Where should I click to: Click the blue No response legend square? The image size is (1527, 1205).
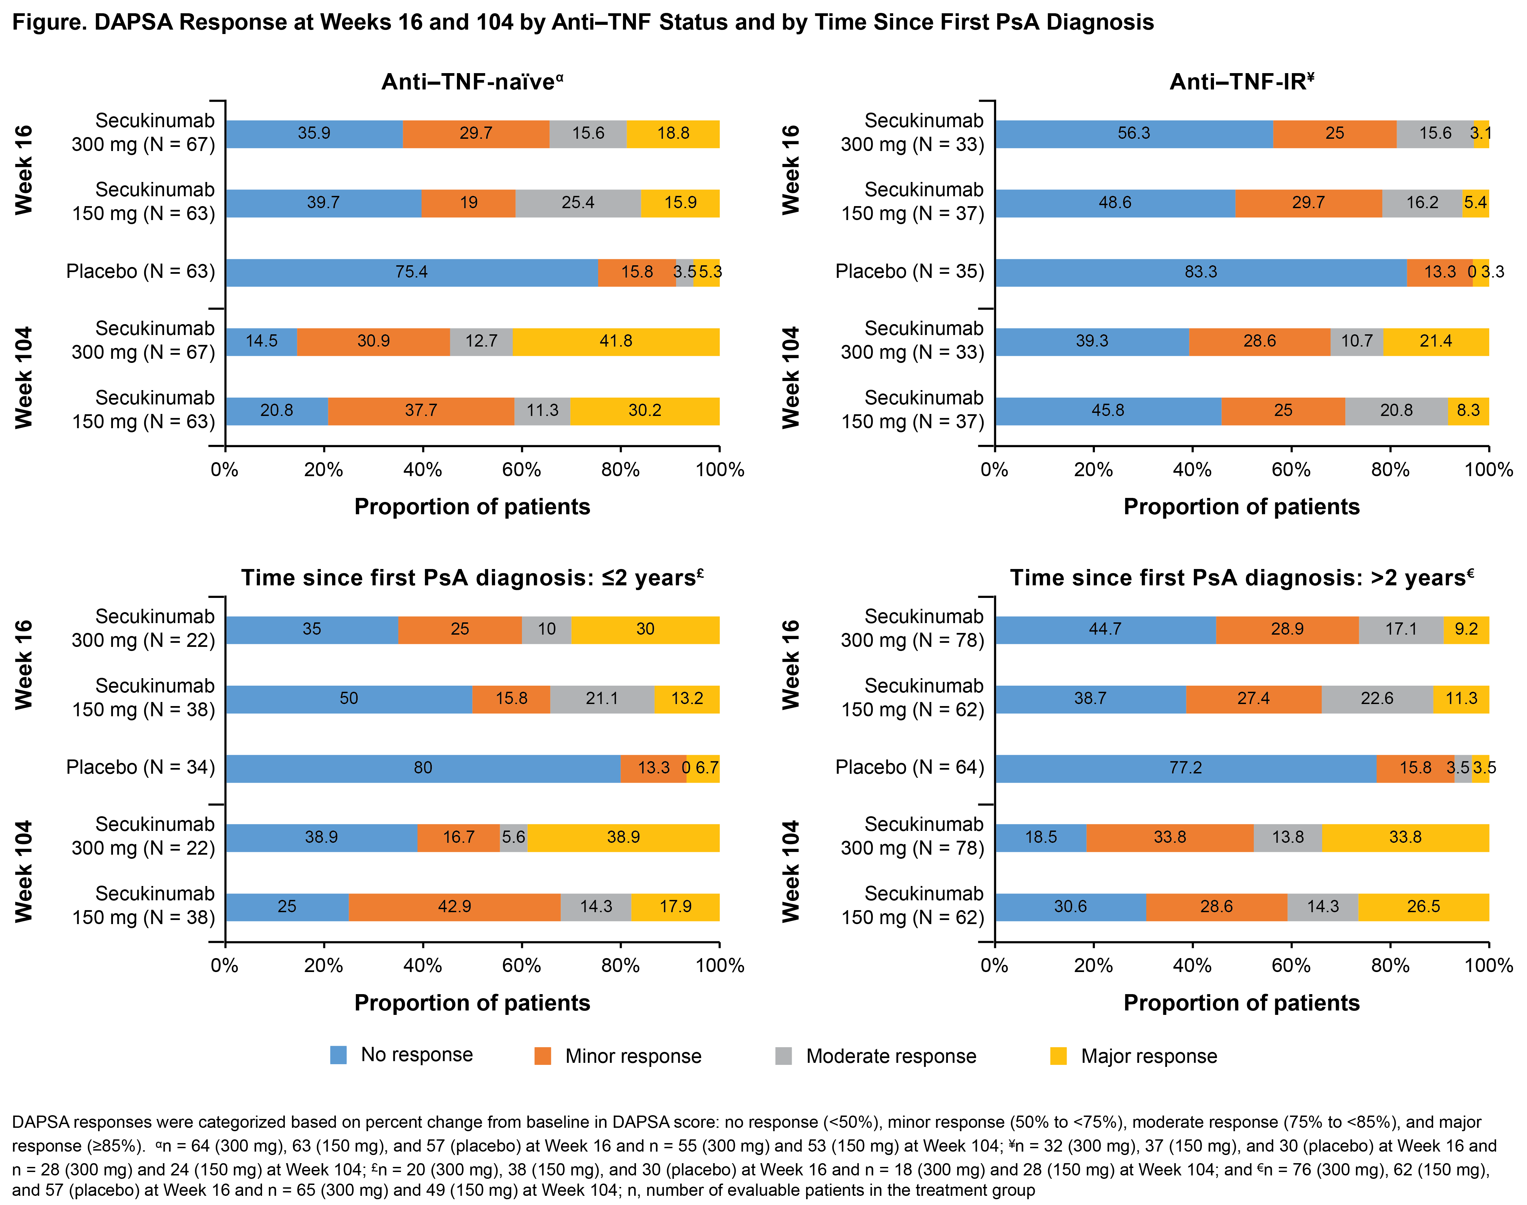click(339, 1055)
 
